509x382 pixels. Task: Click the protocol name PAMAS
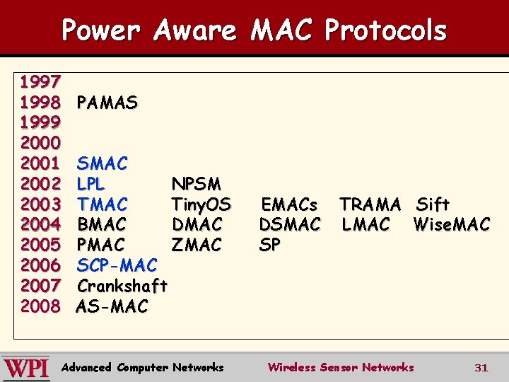[107, 103]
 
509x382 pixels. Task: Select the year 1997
[40, 83]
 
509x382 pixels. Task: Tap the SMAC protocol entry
[103, 164]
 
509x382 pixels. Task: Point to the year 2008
[40, 306]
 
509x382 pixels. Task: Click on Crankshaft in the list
[122, 286]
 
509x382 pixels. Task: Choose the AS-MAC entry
[112, 306]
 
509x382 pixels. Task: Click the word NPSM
[197, 185]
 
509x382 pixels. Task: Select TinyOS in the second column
[201, 205]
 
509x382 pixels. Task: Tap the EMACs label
[289, 205]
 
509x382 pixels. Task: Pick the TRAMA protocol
[370, 205]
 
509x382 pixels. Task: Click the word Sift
[433, 205]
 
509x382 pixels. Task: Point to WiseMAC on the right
[452, 225]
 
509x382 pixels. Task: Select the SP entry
[270, 245]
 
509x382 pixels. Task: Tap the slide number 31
[481, 368]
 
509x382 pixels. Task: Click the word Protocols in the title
[385, 30]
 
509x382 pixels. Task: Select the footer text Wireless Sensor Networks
[340, 367]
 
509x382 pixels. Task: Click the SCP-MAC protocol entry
[117, 266]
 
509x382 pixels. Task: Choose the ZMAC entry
[197, 245]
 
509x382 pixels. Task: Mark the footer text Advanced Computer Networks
[143, 367]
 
